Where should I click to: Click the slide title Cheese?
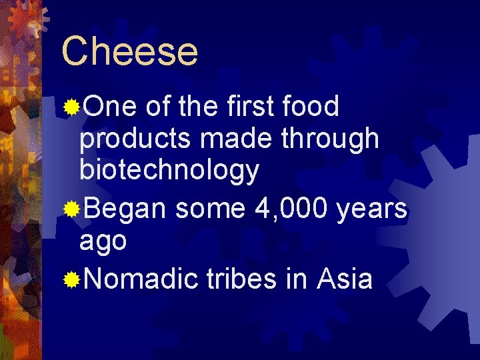(130, 51)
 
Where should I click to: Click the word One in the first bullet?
(110, 106)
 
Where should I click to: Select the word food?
(311, 106)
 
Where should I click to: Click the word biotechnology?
(169, 171)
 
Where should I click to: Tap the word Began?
(125, 209)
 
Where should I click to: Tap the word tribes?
(241, 278)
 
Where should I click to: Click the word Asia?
(345, 278)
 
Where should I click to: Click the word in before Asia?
(296, 278)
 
